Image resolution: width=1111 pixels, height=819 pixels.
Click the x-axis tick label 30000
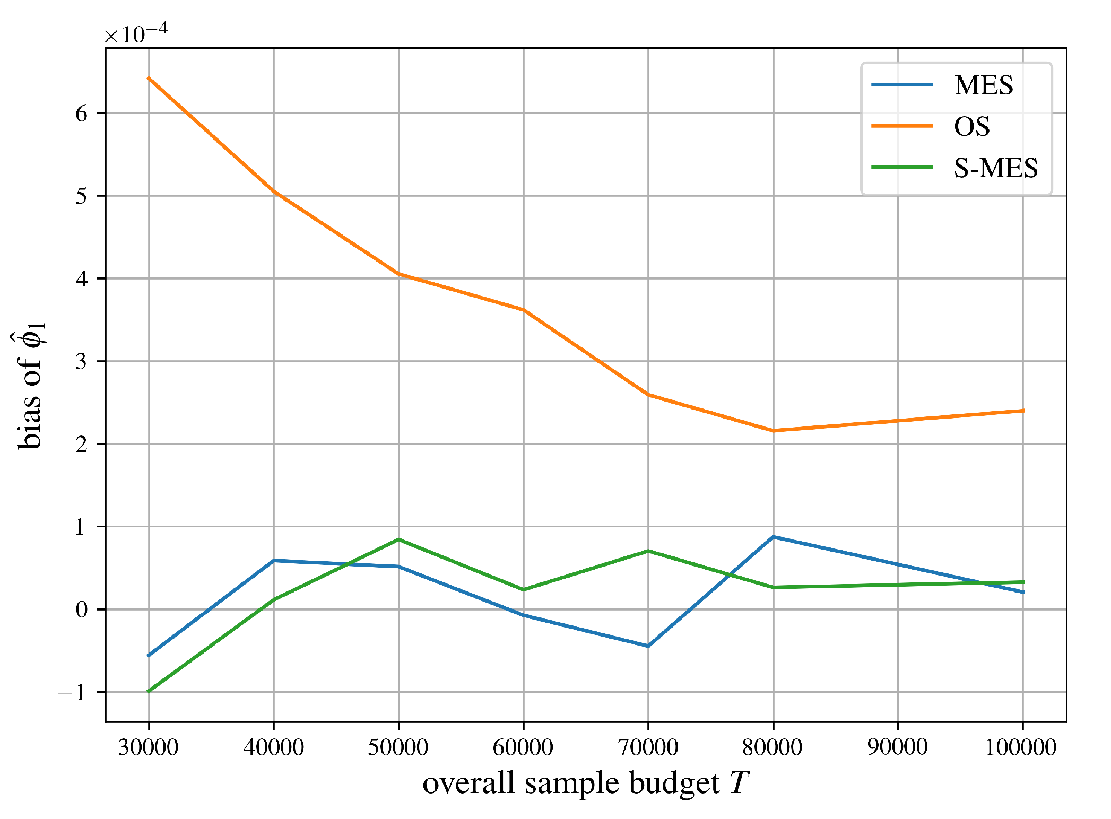click(x=148, y=747)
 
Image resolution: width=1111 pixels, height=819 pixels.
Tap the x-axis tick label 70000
click(x=648, y=747)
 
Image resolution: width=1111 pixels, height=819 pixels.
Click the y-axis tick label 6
click(x=81, y=114)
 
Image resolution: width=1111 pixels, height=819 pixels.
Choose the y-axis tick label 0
click(x=81, y=609)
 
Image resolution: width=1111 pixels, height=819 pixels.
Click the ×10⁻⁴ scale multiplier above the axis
click(x=136, y=34)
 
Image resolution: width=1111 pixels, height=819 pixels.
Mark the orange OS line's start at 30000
click(x=149, y=79)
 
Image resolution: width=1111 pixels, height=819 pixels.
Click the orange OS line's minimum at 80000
click(x=774, y=431)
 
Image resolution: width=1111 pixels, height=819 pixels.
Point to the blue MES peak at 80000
click(x=774, y=537)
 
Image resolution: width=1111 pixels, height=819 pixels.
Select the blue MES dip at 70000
click(x=648, y=646)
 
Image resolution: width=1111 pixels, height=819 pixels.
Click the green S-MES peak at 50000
click(x=398, y=539)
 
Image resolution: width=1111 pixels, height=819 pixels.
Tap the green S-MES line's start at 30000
click(x=149, y=691)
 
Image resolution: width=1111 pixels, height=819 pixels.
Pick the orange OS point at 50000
click(x=398, y=274)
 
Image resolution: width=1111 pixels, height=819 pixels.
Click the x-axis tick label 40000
click(x=273, y=747)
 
